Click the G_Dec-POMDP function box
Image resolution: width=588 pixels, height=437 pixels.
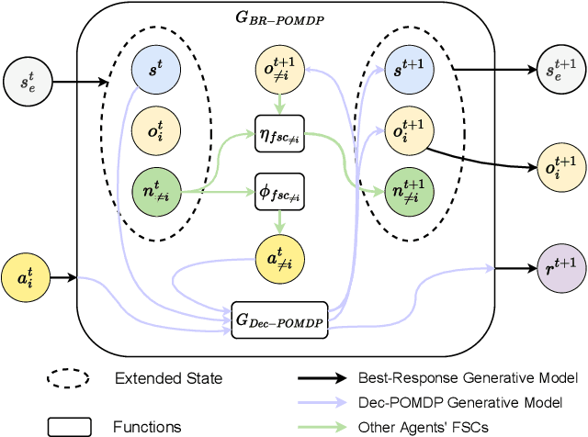click(x=281, y=317)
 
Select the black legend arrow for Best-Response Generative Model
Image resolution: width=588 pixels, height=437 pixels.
click(x=322, y=377)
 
